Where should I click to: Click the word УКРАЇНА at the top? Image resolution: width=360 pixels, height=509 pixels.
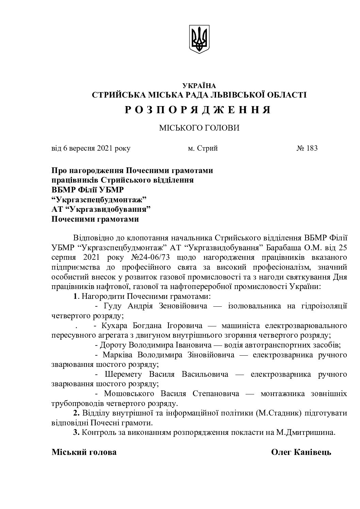coord(199,86)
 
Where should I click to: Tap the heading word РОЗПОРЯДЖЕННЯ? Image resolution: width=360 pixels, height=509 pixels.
coord(199,110)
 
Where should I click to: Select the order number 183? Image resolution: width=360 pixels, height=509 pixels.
coord(312,148)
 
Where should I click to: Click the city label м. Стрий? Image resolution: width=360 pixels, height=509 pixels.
coord(203,148)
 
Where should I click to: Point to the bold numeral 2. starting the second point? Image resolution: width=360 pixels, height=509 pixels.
coord(77,413)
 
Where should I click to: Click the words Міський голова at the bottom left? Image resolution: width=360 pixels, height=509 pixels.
coord(84,452)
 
